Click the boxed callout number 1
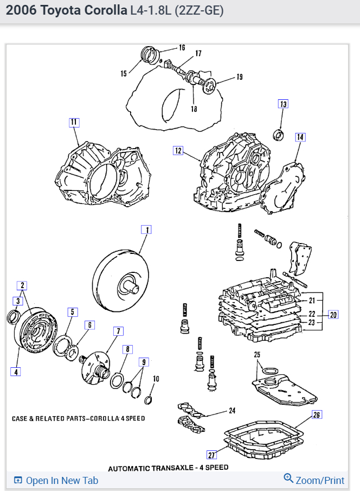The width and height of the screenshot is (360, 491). pos(146,229)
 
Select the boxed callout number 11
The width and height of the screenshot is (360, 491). pos(74,122)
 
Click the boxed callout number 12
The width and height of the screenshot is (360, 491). pos(178,150)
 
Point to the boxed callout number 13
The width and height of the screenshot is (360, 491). pos(283,104)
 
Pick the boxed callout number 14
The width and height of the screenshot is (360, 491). pos(300,137)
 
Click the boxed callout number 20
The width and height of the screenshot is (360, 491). pos(333,314)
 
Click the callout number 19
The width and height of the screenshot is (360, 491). pos(239,77)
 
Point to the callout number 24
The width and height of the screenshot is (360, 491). pos(232,410)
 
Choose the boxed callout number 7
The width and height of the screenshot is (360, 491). pos(118,331)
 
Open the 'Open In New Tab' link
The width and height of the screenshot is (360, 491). pos(56,480)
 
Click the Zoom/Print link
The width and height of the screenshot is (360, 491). pos(314,480)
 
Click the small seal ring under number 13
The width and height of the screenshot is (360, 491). pos(280,133)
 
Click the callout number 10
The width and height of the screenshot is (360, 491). pos(156,378)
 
